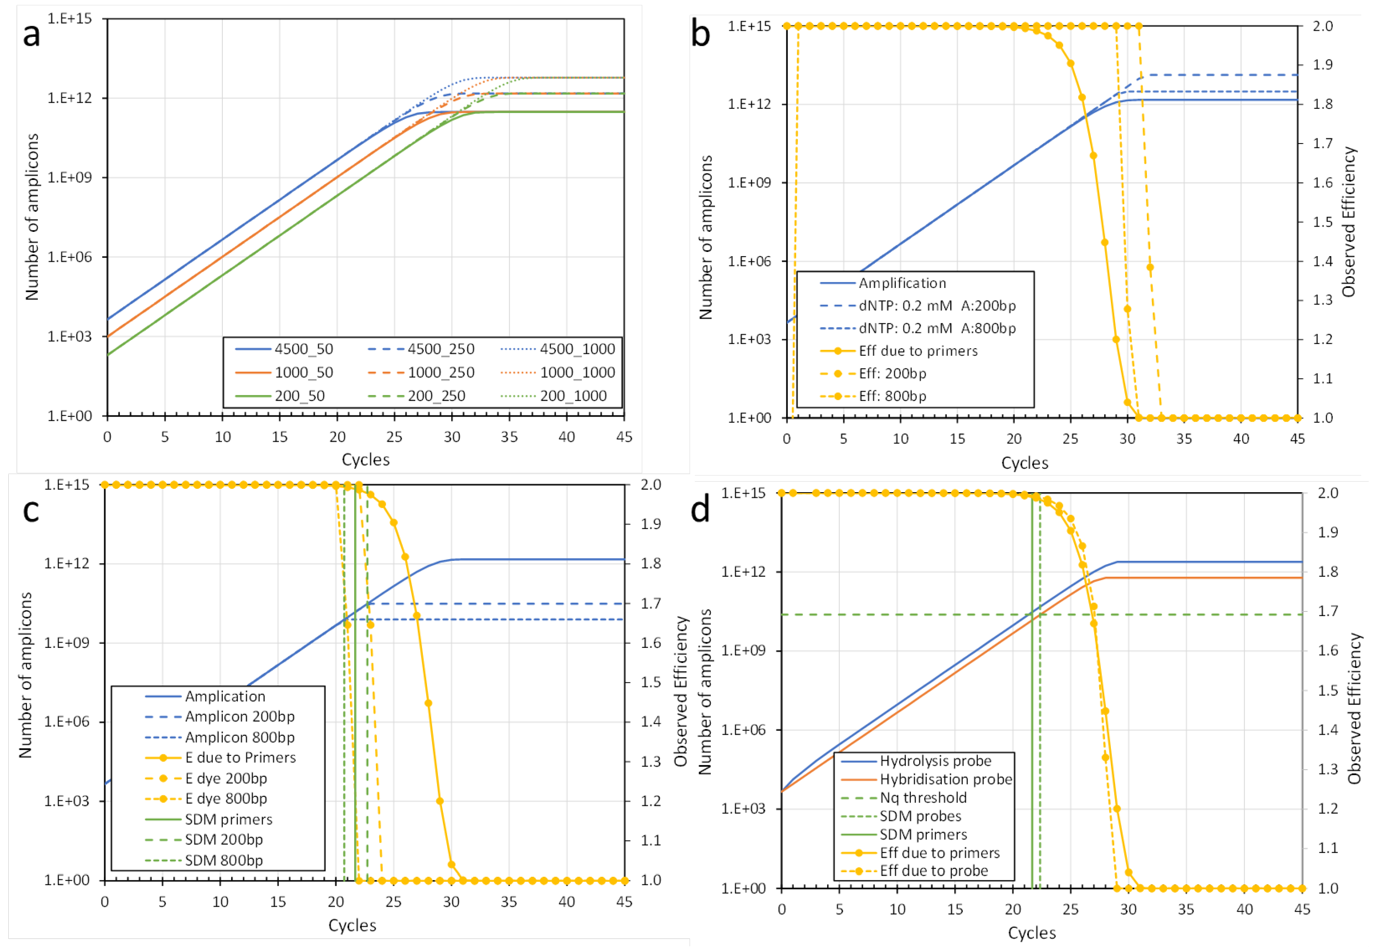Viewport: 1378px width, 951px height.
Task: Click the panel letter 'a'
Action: pyautogui.click(x=31, y=34)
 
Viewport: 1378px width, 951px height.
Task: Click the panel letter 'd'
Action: pyautogui.click(x=701, y=510)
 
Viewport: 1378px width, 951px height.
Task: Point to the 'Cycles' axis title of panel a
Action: pyautogui.click(x=365, y=460)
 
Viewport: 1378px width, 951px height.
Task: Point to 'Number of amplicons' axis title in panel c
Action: pyautogui.click(x=25, y=675)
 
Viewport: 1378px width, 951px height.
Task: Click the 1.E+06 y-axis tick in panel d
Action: pyautogui.click(x=743, y=730)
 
